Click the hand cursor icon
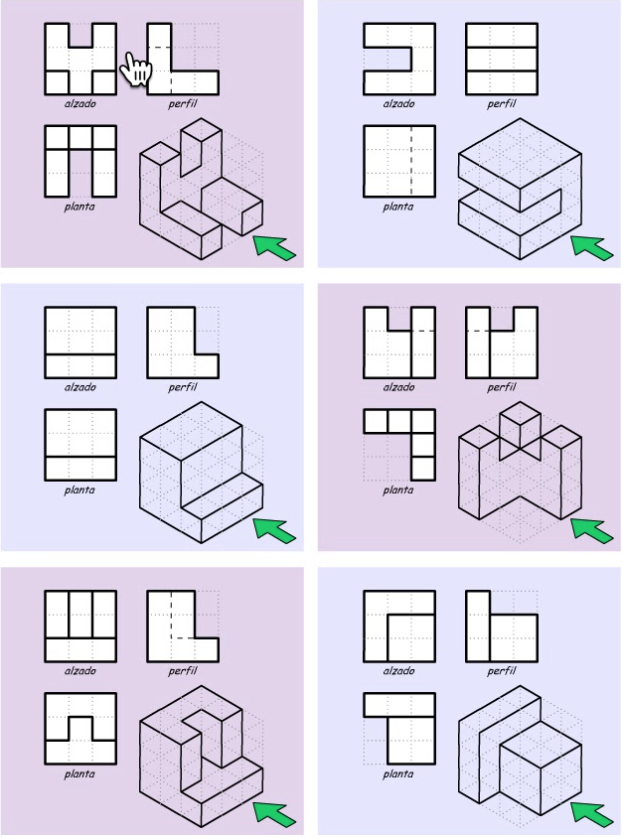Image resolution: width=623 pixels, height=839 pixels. click(x=136, y=69)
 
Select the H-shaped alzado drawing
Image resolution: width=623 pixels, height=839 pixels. click(x=80, y=59)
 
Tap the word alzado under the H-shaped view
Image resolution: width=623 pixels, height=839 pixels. click(x=80, y=103)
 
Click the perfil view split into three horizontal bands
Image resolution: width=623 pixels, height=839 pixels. click(x=502, y=59)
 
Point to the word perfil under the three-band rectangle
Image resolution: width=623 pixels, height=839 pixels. click(x=502, y=104)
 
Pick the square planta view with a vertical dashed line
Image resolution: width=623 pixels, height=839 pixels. click(x=399, y=161)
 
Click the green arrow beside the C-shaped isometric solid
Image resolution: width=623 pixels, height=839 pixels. click(x=592, y=248)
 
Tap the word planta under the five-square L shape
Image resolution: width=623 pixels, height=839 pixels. click(x=398, y=490)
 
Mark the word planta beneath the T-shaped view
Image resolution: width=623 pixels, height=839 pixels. click(x=398, y=773)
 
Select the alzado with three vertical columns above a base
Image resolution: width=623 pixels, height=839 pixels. click(x=80, y=627)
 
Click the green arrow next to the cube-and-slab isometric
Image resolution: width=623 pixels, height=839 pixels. click(x=592, y=815)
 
